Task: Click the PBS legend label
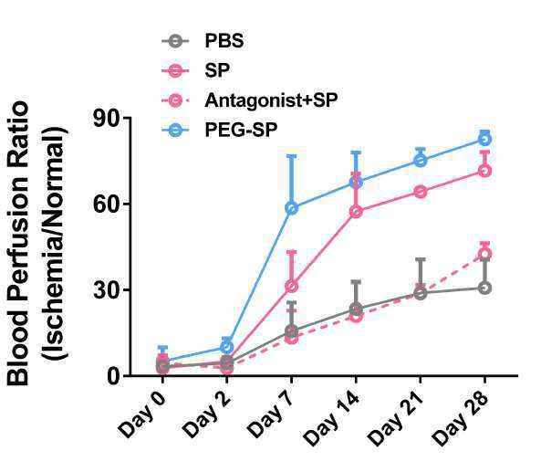pos(224,41)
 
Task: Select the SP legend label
pos(217,70)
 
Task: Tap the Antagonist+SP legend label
pos(271,100)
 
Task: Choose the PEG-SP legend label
pos(241,131)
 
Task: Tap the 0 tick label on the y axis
pos(113,376)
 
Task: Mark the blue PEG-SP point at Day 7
pos(292,208)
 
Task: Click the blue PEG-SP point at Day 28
pos(484,139)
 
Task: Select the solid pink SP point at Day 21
pos(421,192)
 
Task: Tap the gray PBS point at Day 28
pos(484,288)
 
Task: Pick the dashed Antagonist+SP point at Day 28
pos(484,254)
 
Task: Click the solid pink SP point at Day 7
pos(292,286)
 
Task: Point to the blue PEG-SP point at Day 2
pos(226,347)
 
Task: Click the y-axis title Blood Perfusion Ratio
pos(18,243)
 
